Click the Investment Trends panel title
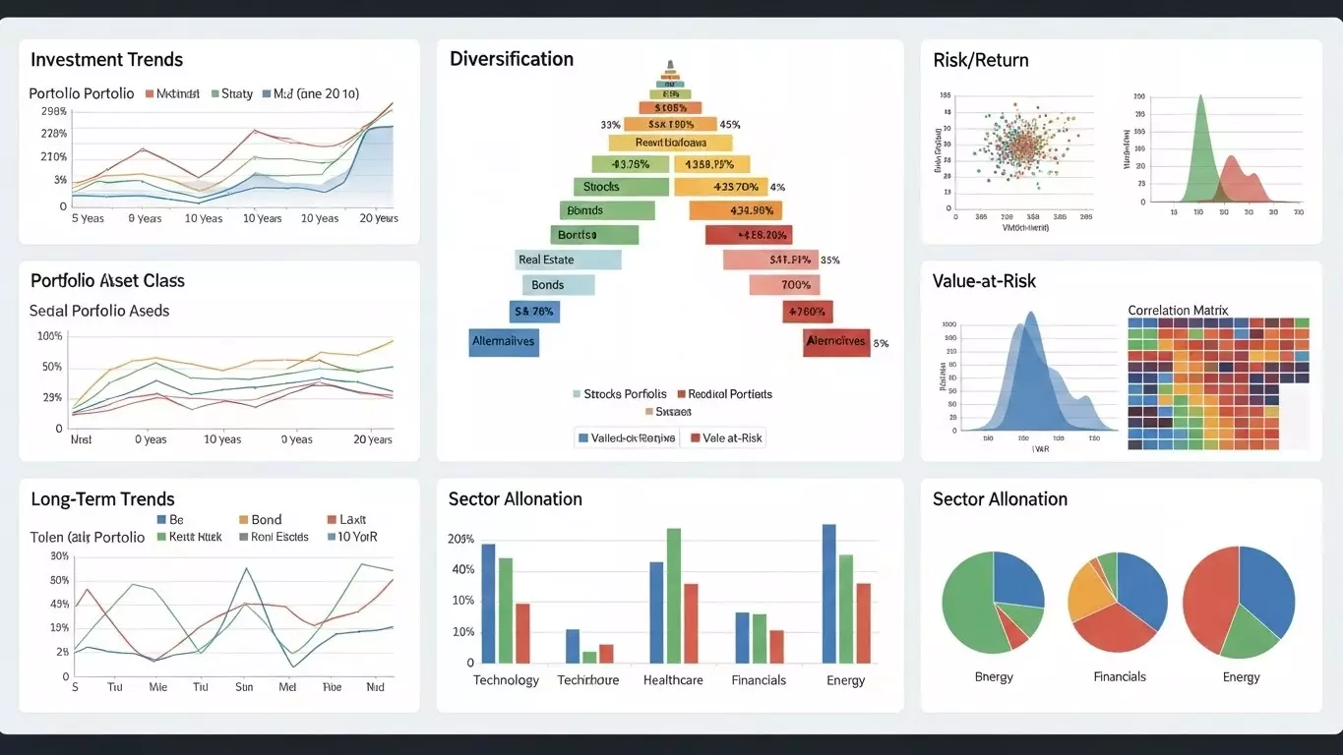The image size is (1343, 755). click(x=106, y=60)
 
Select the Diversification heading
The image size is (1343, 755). click(x=511, y=59)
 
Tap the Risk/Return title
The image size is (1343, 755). click(x=980, y=60)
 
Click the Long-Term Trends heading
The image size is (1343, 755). click(x=102, y=499)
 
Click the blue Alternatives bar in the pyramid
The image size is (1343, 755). click(x=504, y=342)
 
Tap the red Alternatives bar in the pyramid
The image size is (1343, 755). click(x=836, y=342)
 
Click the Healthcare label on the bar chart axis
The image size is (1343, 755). click(x=673, y=680)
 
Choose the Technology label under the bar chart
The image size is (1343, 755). click(x=506, y=680)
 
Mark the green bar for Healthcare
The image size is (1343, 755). click(x=674, y=595)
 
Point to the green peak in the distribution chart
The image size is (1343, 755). click(x=1199, y=108)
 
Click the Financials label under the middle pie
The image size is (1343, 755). click(x=1120, y=676)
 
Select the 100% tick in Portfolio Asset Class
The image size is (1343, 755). click(x=49, y=336)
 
